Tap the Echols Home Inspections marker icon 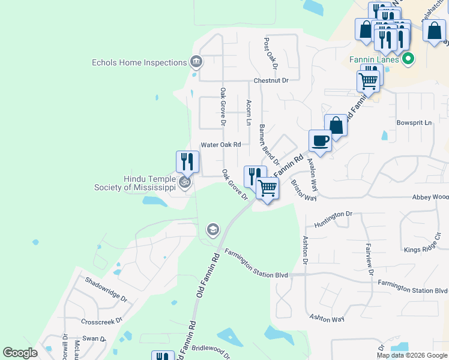[x=195, y=61]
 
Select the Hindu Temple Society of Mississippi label [x=134, y=183]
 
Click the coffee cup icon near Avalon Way [x=320, y=140]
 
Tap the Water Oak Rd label [x=220, y=145]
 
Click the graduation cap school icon [x=212, y=229]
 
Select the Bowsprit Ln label [x=414, y=122]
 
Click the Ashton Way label [x=327, y=319]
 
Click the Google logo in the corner [x=20, y=353]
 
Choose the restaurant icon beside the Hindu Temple [x=187, y=162]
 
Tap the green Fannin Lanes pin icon [x=408, y=59]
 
